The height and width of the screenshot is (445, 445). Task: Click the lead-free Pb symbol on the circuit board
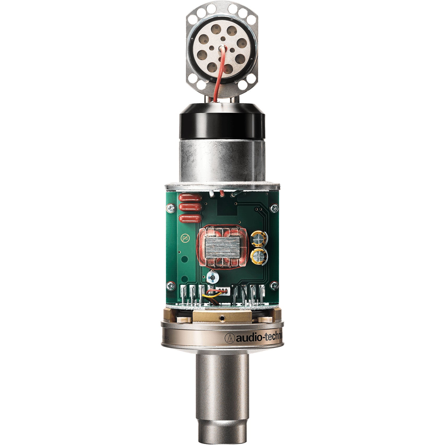pos(184,238)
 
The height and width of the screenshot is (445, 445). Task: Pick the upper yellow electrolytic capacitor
pos(259,240)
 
